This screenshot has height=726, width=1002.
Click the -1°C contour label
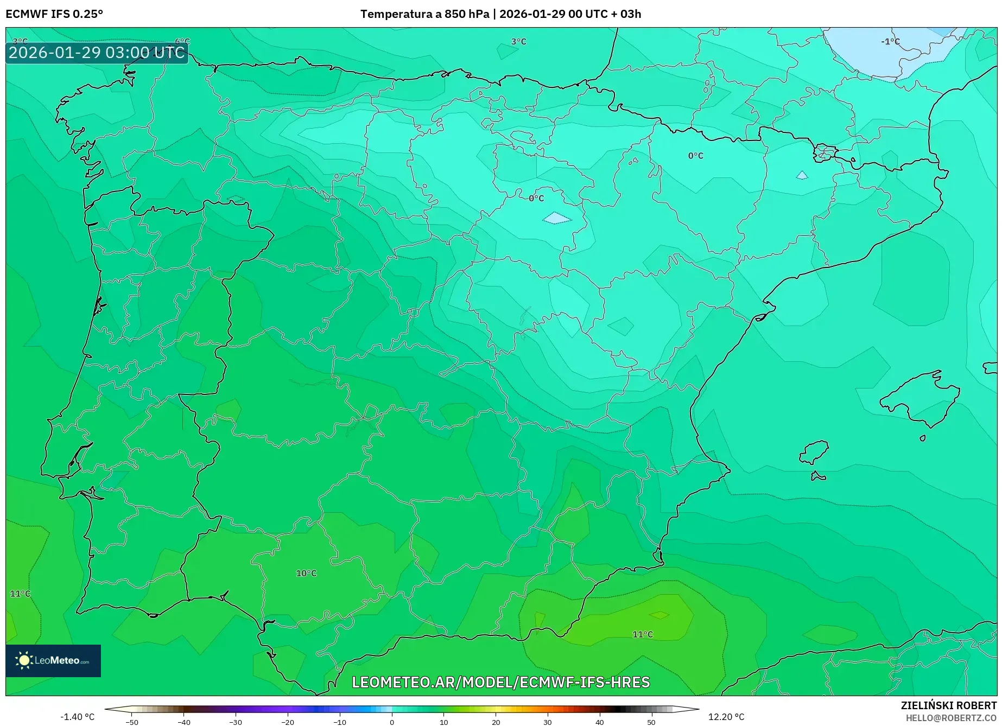pos(890,42)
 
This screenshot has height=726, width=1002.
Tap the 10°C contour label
pos(306,574)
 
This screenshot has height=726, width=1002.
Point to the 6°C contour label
pos(182,42)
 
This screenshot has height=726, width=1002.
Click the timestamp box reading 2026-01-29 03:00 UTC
pos(97,53)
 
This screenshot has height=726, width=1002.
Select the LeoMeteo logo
pos(53,660)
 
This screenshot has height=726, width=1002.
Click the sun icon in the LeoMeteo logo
pos(24,660)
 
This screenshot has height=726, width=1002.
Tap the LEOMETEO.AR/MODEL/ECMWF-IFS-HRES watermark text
pos(500,682)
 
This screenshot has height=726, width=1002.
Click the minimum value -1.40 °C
pos(77,717)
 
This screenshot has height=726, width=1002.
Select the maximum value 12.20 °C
pos(726,717)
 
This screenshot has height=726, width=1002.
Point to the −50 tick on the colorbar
pos(132,722)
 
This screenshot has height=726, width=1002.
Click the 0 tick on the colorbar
pos(392,722)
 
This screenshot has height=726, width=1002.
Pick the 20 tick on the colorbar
pos(496,722)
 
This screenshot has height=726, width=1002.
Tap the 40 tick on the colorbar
pos(599,722)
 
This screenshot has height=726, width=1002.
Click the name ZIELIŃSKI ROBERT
pos(949,705)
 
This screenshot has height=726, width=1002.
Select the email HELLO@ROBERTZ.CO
pos(951,718)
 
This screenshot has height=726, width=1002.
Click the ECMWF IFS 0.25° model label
pos(54,14)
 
